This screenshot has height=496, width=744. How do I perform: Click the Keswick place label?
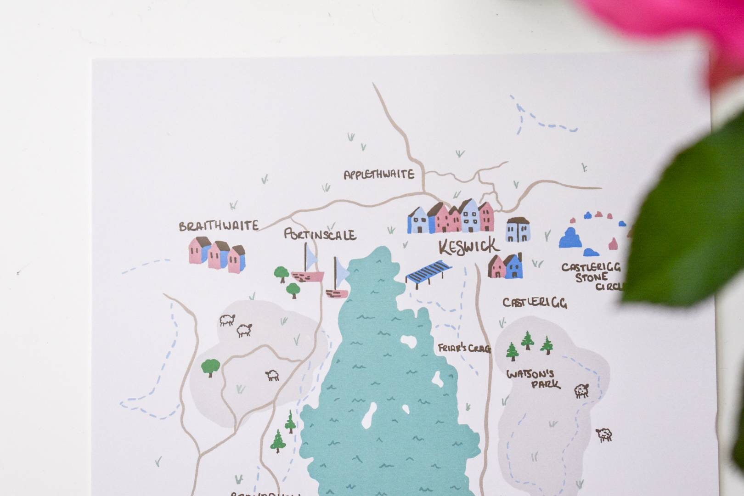click(468, 247)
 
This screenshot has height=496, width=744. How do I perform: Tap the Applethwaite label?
click(379, 175)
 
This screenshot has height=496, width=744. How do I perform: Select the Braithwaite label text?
click(219, 226)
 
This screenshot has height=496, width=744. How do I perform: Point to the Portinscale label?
click(320, 235)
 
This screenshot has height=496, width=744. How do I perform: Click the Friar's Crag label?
click(464, 349)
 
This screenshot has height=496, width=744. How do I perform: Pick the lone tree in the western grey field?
click(210, 367)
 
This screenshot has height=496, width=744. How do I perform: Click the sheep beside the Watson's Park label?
click(581, 390)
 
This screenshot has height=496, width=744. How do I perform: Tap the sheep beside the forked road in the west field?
click(272, 376)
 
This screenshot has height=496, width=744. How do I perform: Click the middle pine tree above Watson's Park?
click(528, 340)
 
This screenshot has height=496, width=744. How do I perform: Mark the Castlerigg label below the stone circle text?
click(534, 303)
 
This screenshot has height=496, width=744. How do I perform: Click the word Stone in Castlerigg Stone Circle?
click(592, 277)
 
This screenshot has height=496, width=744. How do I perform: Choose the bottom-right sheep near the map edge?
click(604, 434)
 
